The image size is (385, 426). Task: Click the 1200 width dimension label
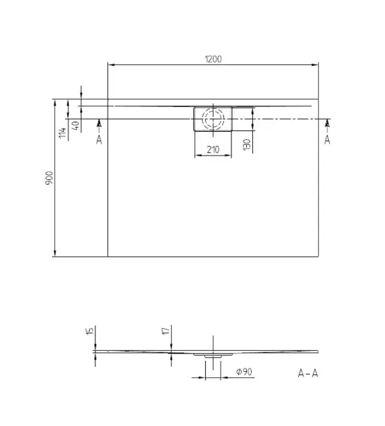tap(213, 59)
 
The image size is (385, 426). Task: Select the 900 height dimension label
tap(49, 178)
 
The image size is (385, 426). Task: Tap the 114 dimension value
tap(63, 133)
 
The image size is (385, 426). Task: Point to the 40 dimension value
tap(76, 125)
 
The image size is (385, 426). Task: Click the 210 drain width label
tap(213, 149)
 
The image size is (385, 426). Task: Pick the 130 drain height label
tap(246, 145)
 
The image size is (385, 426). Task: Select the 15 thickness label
tap(90, 331)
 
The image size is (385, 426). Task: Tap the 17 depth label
tap(166, 331)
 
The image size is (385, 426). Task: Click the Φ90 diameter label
tap(244, 372)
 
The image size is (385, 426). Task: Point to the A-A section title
tap(308, 373)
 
